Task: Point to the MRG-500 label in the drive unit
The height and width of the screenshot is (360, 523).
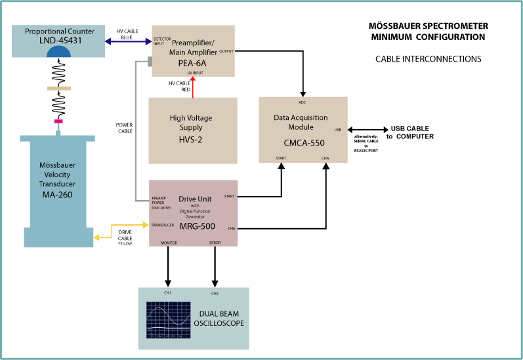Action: (x=193, y=226)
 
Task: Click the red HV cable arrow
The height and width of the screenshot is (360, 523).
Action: (x=193, y=88)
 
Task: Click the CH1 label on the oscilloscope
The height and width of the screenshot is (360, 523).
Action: (x=168, y=292)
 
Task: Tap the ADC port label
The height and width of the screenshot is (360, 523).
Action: (x=303, y=103)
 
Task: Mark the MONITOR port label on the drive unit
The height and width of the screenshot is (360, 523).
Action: (x=169, y=243)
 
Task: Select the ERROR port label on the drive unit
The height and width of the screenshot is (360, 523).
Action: (x=215, y=243)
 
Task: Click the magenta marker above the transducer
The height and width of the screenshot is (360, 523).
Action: (x=58, y=121)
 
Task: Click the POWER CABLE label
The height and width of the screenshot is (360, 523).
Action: (x=125, y=127)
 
